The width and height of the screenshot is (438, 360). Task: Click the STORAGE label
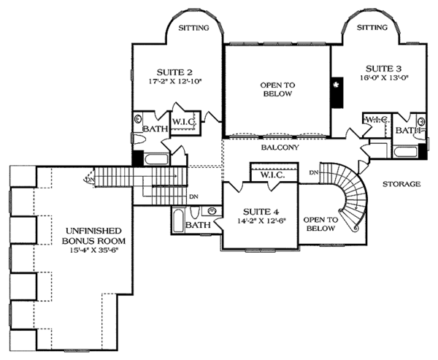[x=401, y=184]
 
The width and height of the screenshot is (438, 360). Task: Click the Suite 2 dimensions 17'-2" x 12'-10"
[x=174, y=82]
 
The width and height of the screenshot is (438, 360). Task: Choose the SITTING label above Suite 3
[x=372, y=28]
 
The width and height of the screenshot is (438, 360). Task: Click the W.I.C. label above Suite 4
[x=272, y=175]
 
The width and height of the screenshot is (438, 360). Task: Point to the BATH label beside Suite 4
[x=198, y=226]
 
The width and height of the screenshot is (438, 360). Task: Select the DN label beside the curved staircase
[x=315, y=173]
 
